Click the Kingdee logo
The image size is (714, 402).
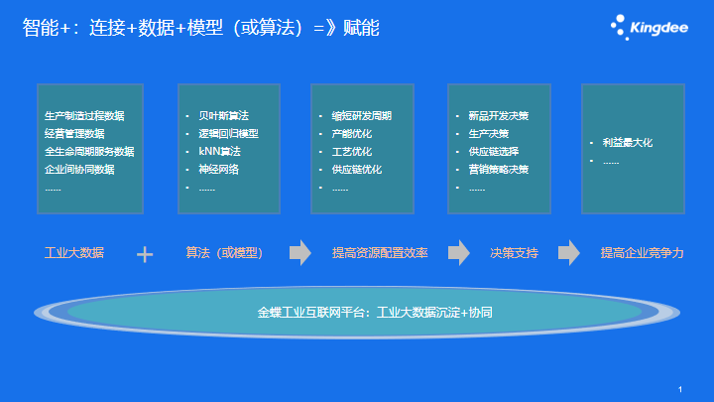pos(650,27)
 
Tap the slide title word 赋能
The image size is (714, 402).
pos(361,28)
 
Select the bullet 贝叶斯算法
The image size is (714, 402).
pos(223,116)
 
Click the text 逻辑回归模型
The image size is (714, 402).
pos(229,134)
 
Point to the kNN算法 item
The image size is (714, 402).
pos(219,151)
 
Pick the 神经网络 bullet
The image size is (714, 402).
pos(218,169)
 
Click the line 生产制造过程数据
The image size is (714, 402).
pos(84,116)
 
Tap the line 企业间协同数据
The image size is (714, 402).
pos(79,169)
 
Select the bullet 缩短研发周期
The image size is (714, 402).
pos(362,116)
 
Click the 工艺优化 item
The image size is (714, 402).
pos(351,151)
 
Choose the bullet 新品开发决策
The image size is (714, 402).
pos(499,116)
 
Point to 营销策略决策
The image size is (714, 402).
pos(499,169)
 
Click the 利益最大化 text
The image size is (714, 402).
pos(628,143)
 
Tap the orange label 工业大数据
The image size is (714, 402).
pos(74,252)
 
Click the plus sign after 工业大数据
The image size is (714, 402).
pos(145,254)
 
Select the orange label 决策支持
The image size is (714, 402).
pos(514,252)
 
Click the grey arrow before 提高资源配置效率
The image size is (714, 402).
pos(300,252)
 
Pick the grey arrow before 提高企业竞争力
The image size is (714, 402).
pos(569,252)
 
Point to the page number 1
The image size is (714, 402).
pos(680,389)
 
